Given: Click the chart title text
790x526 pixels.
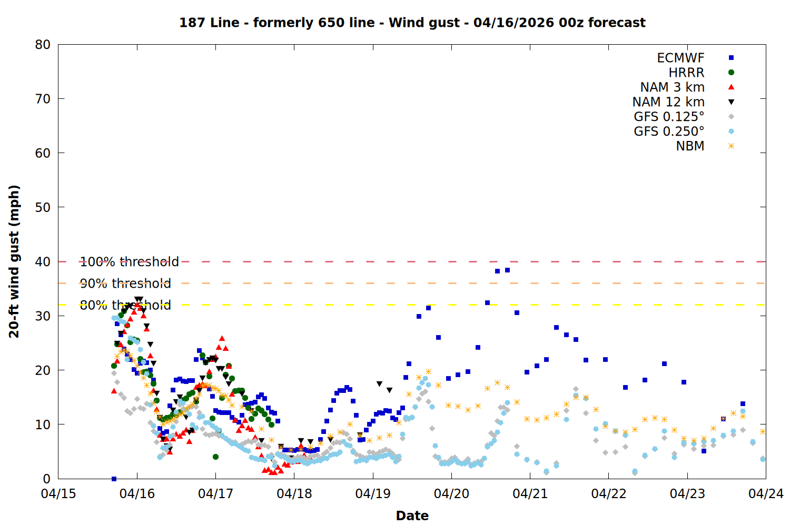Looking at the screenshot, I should click(x=412, y=23).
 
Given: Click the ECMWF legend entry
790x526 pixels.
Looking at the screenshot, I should click(x=680, y=58).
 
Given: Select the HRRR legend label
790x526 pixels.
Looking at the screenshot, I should click(x=686, y=73).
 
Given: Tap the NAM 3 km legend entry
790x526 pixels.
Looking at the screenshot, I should click(x=672, y=87).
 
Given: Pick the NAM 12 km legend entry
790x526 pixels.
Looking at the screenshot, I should click(x=668, y=102).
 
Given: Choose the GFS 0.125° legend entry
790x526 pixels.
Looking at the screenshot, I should click(x=669, y=117).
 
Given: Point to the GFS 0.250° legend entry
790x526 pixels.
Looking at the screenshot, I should click(x=669, y=131).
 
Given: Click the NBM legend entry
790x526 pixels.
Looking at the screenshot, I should click(x=690, y=146).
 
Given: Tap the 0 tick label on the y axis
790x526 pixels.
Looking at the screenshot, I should click(x=47, y=479).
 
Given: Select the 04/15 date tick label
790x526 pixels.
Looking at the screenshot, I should click(x=58, y=494).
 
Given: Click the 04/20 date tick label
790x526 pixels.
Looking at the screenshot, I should click(x=451, y=494).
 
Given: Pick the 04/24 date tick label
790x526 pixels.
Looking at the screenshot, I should click(x=766, y=494).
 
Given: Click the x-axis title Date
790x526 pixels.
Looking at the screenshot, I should click(x=412, y=515).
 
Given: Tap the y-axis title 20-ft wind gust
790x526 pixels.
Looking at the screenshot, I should click(x=14, y=261).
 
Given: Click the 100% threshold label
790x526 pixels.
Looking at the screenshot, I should click(x=130, y=262).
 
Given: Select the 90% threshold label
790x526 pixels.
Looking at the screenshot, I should click(x=125, y=284).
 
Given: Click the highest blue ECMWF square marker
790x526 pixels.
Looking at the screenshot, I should click(x=507, y=270).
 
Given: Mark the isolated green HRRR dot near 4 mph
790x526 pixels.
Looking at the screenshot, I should click(x=215, y=457).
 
